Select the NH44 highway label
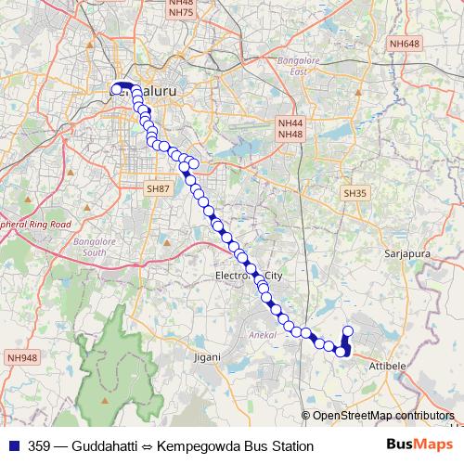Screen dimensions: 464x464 290,122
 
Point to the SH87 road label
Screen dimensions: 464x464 159,188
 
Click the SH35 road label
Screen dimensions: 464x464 355,193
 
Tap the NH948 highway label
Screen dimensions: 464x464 20,356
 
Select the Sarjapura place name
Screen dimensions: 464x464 403,251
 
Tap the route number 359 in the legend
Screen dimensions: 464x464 40,446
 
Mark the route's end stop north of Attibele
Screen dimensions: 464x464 349,331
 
